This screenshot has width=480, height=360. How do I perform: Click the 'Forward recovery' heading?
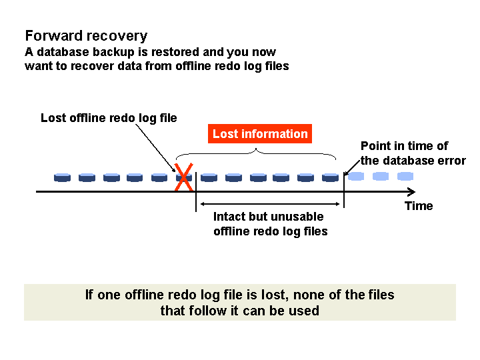pyautogui.click(x=86, y=36)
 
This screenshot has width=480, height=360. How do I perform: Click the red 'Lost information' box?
pyautogui.click(x=260, y=134)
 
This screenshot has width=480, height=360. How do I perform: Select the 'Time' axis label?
pyautogui.click(x=419, y=206)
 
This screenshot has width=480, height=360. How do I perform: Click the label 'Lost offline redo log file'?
pyautogui.click(x=109, y=118)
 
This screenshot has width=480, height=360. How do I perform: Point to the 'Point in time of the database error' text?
pyautogui.click(x=413, y=153)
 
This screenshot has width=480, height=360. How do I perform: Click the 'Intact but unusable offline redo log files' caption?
pyautogui.click(x=270, y=224)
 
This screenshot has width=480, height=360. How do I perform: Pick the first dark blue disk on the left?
pyautogui.click(x=63, y=177)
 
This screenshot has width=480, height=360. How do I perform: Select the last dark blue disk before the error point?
pyautogui.click(x=331, y=177)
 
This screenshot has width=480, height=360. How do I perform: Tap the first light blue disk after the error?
pyautogui.click(x=356, y=177)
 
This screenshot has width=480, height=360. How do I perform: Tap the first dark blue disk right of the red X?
pyautogui.click(x=209, y=177)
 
